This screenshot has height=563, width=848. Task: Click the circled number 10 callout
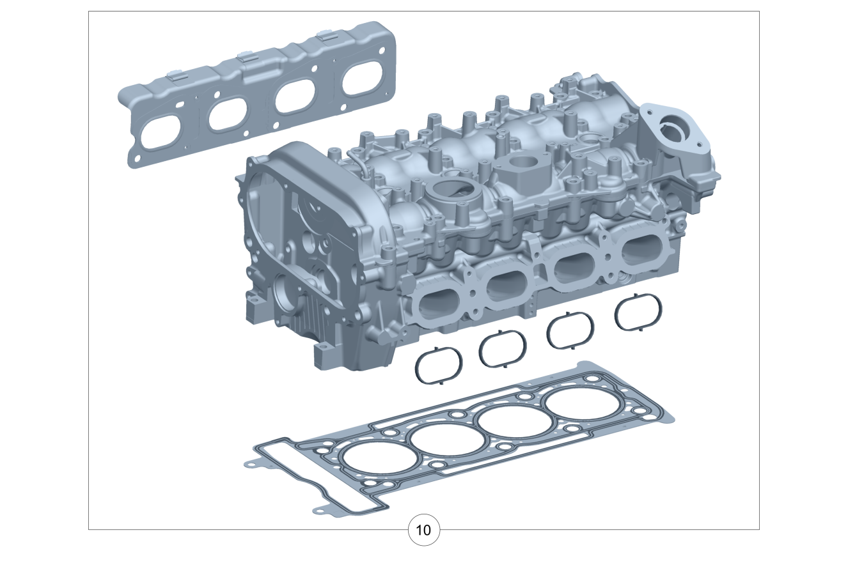pyautogui.click(x=423, y=530)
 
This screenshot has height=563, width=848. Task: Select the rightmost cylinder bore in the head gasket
pyautogui.click(x=583, y=403)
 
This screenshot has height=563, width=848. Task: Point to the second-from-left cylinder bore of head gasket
pyautogui.click(x=448, y=439)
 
